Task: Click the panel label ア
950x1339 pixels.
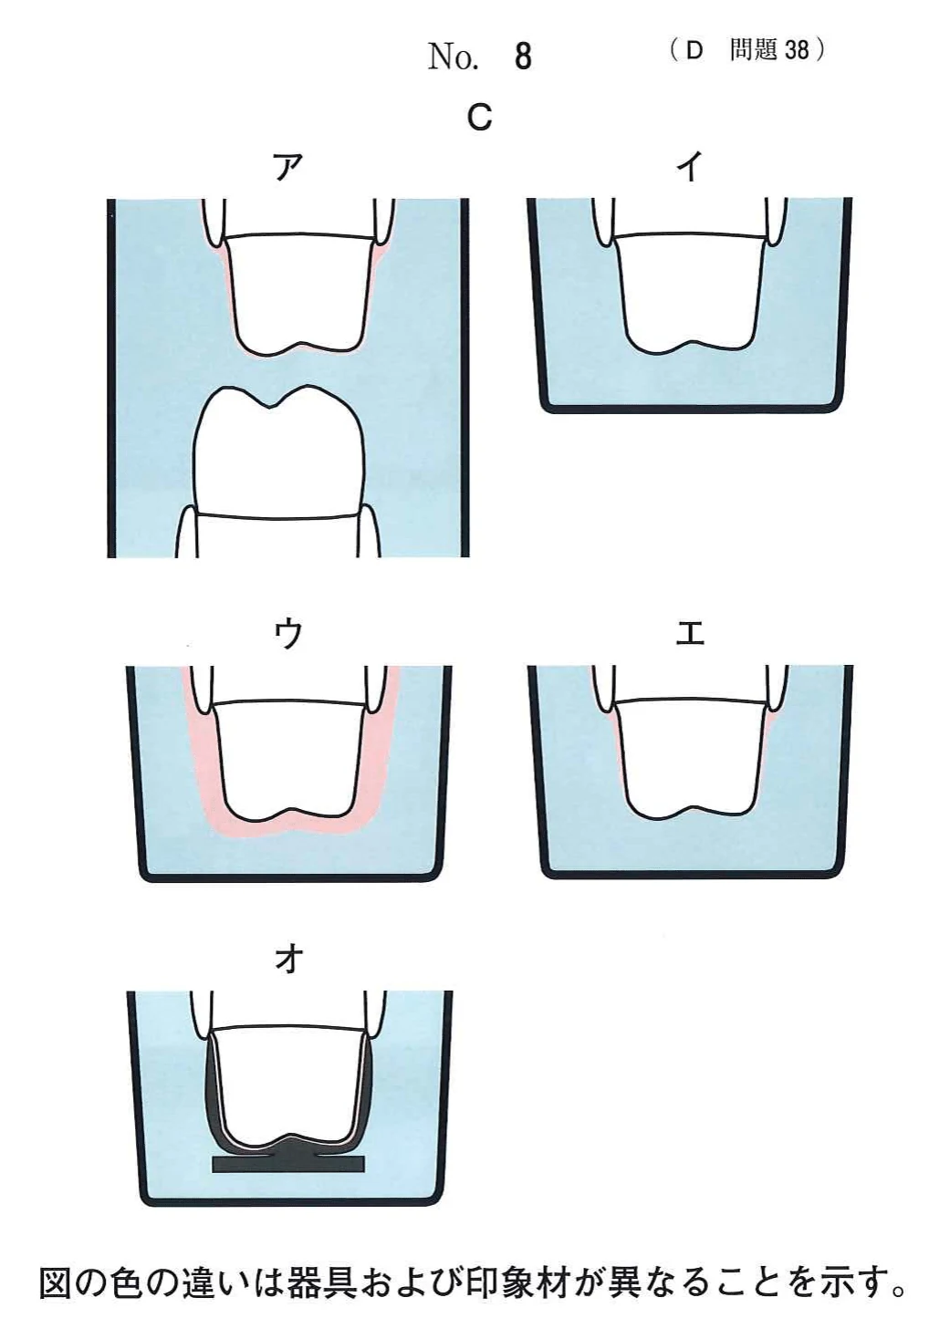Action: pos(287,167)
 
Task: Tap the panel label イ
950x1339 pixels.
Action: pos(690,167)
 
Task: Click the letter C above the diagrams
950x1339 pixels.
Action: pos(480,117)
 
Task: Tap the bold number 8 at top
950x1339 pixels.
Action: pos(523,57)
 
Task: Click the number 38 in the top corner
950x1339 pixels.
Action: pos(798,51)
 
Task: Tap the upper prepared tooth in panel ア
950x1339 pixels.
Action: pos(298,290)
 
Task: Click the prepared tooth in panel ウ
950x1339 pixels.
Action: pos(288,759)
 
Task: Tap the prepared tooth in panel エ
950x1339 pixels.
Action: pos(690,759)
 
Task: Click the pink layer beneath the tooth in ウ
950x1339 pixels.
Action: pos(289,826)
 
